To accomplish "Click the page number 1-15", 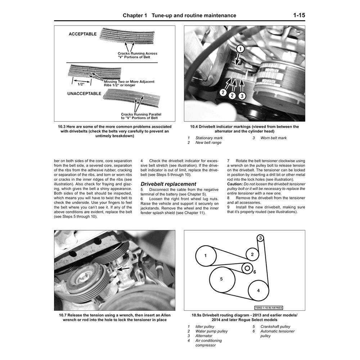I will pos(299,15).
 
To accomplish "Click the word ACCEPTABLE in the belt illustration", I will pos(83,34).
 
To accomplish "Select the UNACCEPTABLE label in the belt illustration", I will pos(85,93).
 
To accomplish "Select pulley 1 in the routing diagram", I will pos(205,256).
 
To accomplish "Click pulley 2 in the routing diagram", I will pos(252,255).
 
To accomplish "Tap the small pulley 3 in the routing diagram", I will pos(261,238).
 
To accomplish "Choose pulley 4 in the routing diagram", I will pos(258,291).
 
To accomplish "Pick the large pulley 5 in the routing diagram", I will pos(221,279).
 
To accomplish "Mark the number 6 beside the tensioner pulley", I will pos(254,272).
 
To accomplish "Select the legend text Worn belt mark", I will pos(274,138).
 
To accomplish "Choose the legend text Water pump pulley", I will pos(211,331).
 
